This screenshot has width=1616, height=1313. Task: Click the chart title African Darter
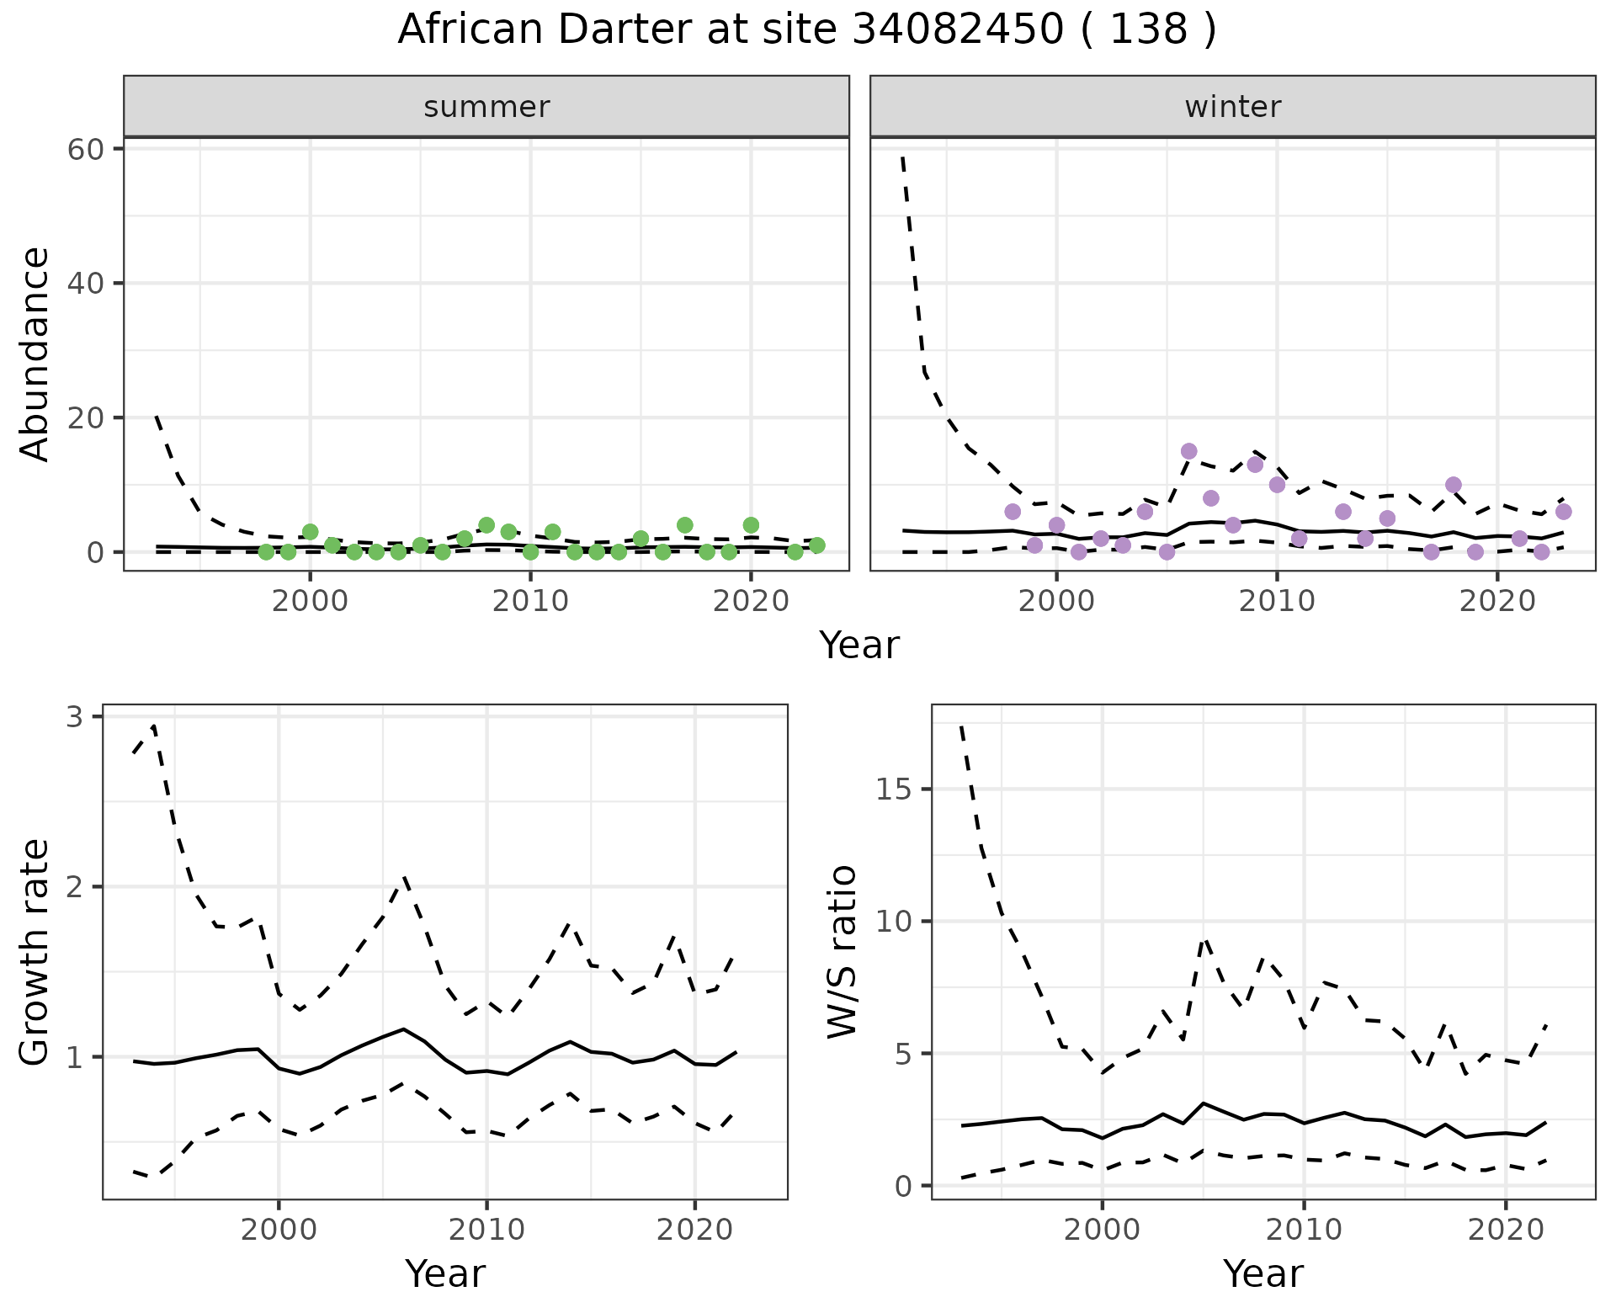pos(806,30)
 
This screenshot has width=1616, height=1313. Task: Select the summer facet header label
pos(486,107)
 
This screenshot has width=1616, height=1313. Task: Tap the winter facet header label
pos(1232,107)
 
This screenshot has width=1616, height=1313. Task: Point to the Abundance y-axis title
pos(35,353)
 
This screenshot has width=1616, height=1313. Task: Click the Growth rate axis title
pos(35,953)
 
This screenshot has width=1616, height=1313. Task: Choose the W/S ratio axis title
pos(842,953)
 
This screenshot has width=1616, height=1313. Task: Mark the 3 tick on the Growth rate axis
pos(75,717)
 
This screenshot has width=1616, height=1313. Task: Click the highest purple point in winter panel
pos(1188,451)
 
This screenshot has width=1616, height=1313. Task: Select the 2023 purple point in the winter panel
pos(1563,512)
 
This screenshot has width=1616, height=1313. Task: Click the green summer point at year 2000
pos(310,532)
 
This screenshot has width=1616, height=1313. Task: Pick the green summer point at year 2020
pos(751,525)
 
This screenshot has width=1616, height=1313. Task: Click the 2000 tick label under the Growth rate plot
pos(279,1230)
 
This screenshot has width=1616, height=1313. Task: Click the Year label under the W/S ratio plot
pos(1262,1273)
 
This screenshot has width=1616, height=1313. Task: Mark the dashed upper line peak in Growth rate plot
pos(154,726)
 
